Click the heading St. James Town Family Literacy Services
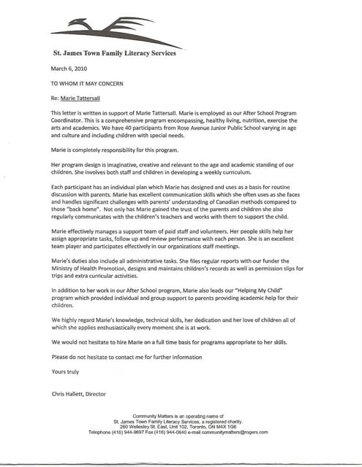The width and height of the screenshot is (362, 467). tap(115, 53)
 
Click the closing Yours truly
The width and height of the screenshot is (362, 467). tap(64, 371)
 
